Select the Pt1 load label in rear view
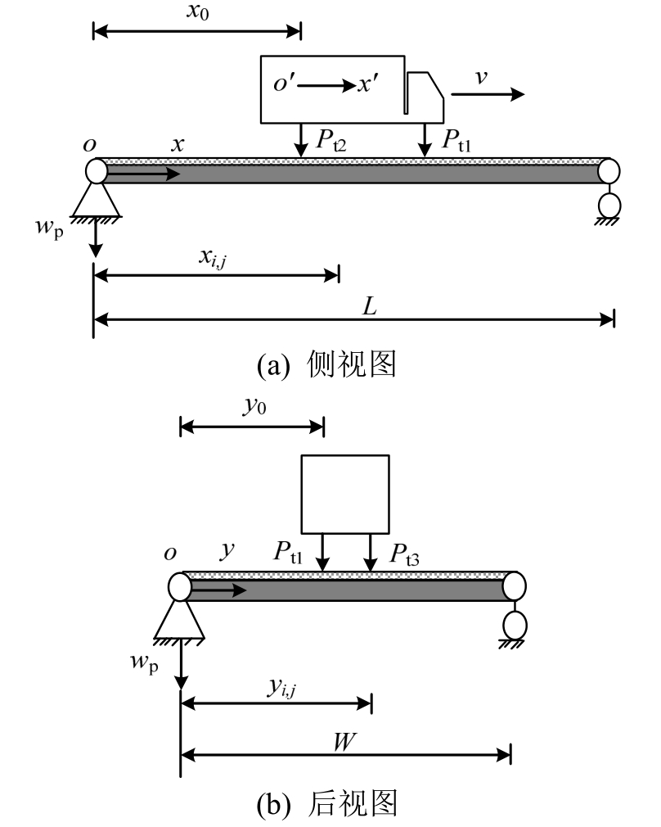[x=290, y=551]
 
